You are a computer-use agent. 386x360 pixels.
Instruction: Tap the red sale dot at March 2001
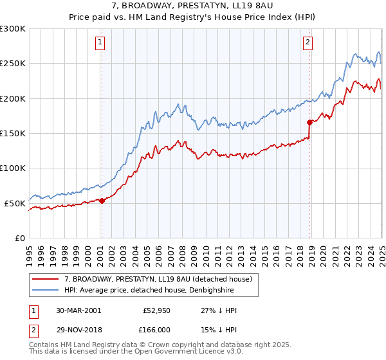tap(102, 201)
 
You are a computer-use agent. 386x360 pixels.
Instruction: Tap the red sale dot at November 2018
tap(309, 122)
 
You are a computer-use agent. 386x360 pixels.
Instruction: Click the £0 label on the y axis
tap(19, 238)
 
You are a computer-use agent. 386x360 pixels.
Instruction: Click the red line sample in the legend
tap(46, 279)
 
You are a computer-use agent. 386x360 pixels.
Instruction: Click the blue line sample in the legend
tap(46, 290)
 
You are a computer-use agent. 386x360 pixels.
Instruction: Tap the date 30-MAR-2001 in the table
tap(78, 310)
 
